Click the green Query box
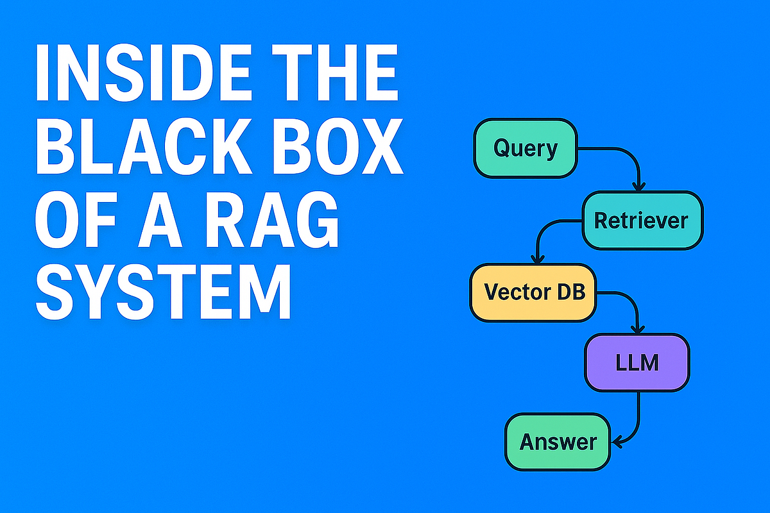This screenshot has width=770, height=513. click(526, 149)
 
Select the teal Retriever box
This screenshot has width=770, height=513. click(642, 221)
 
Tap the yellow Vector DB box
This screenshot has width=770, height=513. click(533, 292)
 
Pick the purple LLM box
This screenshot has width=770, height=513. click(637, 364)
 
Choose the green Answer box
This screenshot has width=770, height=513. click(558, 442)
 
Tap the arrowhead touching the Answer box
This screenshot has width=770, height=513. click(617, 442)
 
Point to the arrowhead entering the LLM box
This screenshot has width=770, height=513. click(637, 328)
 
